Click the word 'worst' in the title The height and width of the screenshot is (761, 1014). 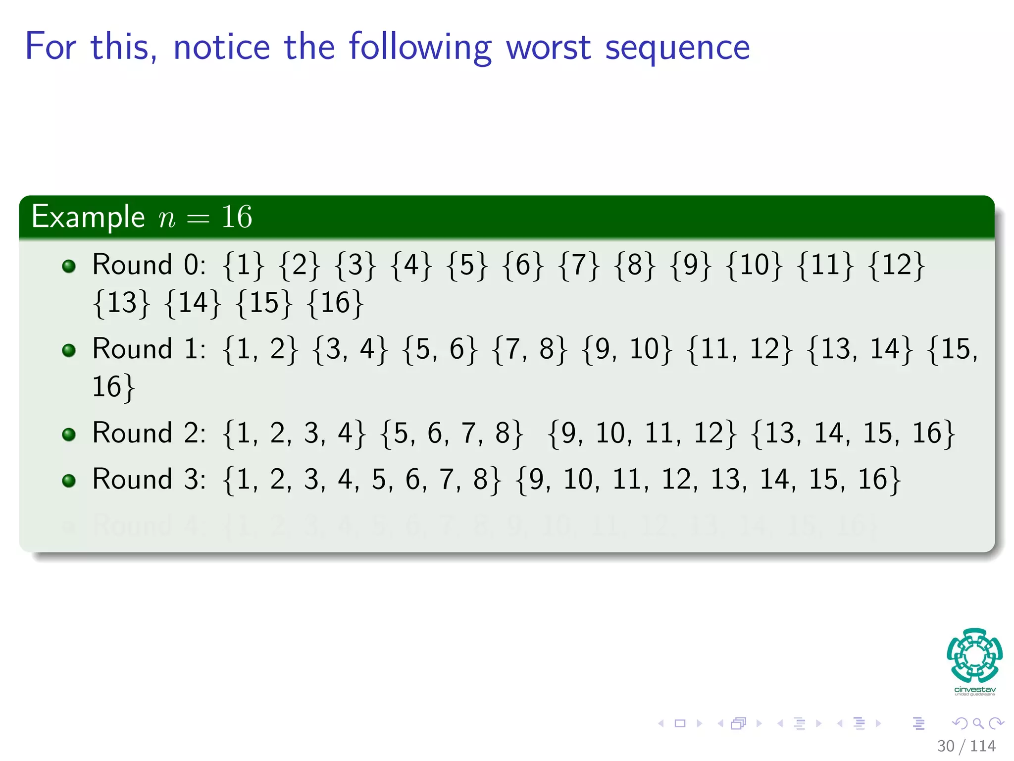549,47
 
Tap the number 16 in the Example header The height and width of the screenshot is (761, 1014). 237,217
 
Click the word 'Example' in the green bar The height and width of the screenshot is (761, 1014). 88,217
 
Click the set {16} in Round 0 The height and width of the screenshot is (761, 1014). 335,303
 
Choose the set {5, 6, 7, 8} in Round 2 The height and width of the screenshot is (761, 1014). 452,434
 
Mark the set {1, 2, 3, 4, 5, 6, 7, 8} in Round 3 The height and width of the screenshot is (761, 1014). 362,480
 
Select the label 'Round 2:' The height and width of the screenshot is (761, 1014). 149,434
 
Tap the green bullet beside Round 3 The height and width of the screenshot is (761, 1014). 69,481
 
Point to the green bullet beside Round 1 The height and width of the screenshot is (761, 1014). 69,350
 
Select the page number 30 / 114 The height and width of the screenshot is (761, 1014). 966,746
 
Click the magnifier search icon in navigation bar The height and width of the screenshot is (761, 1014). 978,723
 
